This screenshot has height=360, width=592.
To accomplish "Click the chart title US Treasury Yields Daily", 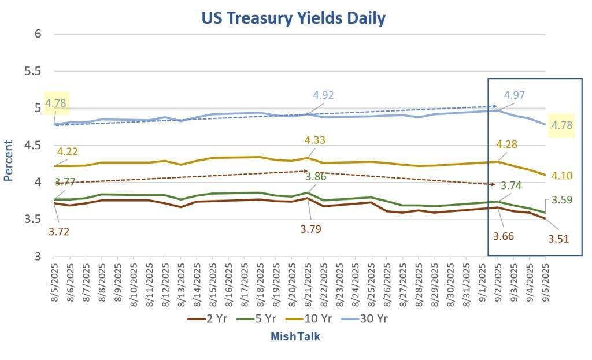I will pyautogui.click(x=293, y=18).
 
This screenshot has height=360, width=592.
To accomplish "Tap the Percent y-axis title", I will pyautogui.click(x=9, y=161).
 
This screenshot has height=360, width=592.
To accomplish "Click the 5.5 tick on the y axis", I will pyautogui.click(x=34, y=71).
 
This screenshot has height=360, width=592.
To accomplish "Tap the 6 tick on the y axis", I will pyautogui.click(x=38, y=34).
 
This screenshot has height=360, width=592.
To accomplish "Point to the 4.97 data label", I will pyautogui.click(x=515, y=95).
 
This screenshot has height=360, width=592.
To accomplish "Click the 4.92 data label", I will pyautogui.click(x=323, y=95).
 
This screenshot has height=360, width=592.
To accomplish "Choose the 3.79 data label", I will pyautogui.click(x=310, y=229).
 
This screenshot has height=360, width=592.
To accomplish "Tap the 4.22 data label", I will pyautogui.click(x=67, y=152).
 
